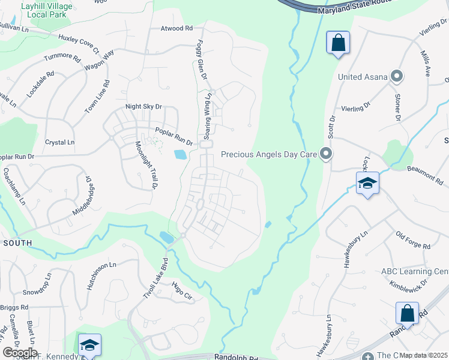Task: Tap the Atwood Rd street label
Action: (176, 28)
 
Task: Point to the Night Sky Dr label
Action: (143, 107)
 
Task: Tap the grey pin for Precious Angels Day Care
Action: (326, 154)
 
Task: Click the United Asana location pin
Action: (396, 76)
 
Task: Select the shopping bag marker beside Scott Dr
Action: (338, 43)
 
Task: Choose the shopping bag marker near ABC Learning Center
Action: (407, 313)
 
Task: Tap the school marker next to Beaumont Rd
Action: (367, 184)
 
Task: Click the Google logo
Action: (20, 353)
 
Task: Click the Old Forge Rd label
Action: (414, 240)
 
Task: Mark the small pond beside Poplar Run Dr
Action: (180, 155)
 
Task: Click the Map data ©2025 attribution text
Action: (423, 355)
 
